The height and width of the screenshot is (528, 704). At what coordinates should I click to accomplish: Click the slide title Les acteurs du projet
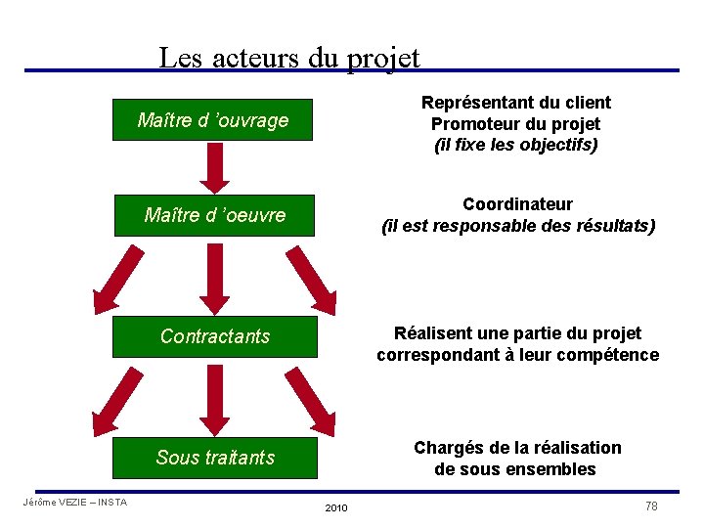tap(289, 57)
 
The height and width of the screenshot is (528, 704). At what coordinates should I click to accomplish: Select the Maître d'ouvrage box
tap(212, 120)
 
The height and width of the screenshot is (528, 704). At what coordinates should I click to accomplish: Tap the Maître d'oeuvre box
tap(214, 215)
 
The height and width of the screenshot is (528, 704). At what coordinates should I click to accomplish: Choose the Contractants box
tap(214, 336)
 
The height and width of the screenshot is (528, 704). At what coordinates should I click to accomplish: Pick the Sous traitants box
tap(214, 457)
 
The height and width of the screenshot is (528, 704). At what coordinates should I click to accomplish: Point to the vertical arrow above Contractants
tap(214, 276)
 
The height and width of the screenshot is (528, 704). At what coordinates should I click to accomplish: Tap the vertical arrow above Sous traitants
tap(214, 397)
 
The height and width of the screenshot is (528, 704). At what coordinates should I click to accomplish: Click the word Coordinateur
tap(517, 203)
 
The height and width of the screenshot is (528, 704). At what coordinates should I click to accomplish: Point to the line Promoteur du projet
tap(515, 124)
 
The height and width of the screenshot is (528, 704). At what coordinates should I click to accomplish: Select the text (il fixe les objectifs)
tap(515, 146)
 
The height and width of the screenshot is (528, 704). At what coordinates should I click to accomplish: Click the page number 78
tap(651, 506)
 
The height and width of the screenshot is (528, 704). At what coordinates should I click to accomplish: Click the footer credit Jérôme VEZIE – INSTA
tap(74, 503)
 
